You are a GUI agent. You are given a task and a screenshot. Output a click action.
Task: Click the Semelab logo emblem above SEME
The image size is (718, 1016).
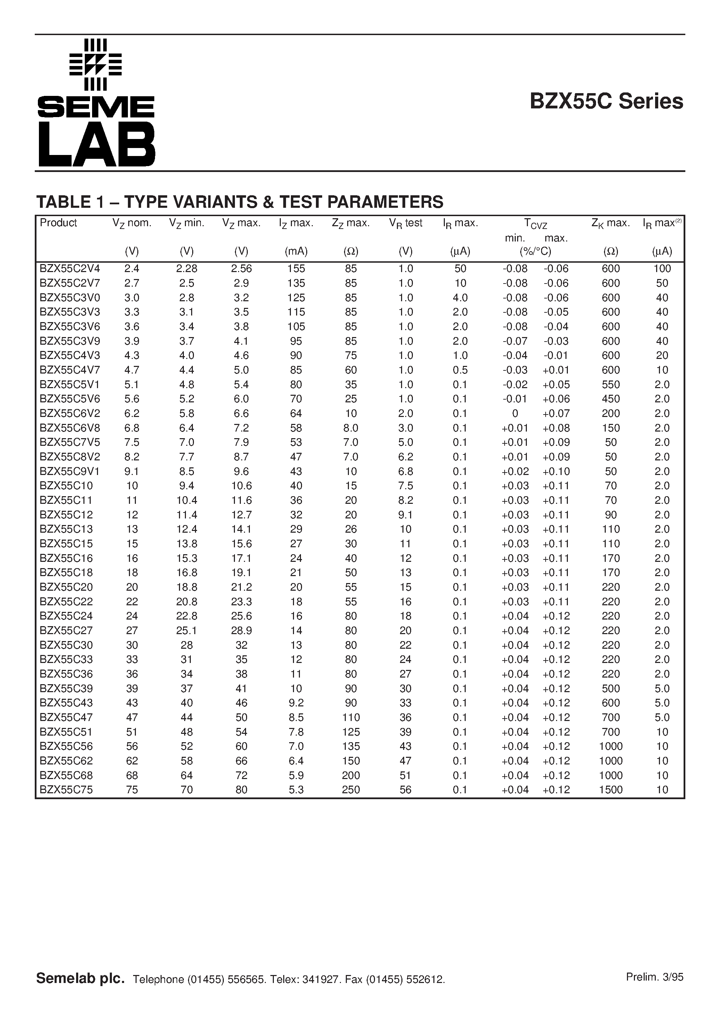[x=96, y=65]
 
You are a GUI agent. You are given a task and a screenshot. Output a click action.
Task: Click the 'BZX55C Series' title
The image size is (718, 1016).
[x=606, y=101]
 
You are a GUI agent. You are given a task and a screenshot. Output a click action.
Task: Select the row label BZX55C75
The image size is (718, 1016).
[x=66, y=790]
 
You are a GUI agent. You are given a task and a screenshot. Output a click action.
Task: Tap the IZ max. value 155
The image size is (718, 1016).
[x=296, y=269]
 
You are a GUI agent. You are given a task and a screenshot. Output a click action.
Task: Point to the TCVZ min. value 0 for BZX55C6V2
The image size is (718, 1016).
[x=515, y=413]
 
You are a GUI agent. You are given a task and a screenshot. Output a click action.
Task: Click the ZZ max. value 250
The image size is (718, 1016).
[x=351, y=790]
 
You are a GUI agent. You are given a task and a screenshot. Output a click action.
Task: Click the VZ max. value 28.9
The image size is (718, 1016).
[x=241, y=631]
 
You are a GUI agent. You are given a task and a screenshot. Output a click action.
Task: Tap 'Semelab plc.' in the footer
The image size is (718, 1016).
[x=80, y=978]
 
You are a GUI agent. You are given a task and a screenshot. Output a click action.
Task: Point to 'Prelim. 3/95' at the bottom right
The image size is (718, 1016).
[x=654, y=977]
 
